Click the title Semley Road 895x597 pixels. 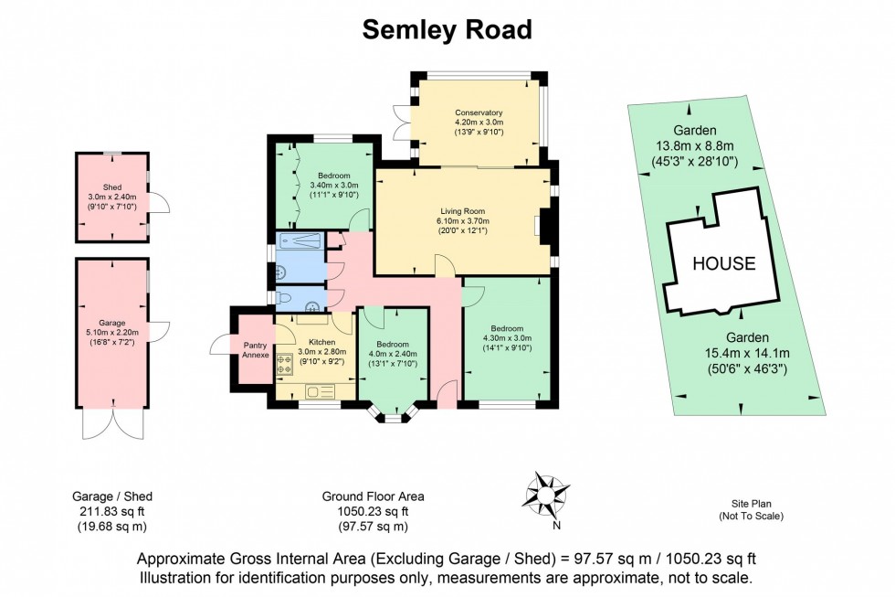tap(447, 29)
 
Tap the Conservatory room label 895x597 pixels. tap(479, 113)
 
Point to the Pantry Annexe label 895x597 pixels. tap(255, 349)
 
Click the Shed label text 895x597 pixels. tap(111, 187)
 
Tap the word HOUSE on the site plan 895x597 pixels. tap(723, 264)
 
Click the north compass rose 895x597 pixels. tap(546, 495)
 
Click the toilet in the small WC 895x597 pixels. tap(286, 298)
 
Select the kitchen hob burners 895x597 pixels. tap(284, 360)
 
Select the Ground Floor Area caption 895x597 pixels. tap(372, 496)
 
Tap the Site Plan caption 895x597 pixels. tap(753, 504)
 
